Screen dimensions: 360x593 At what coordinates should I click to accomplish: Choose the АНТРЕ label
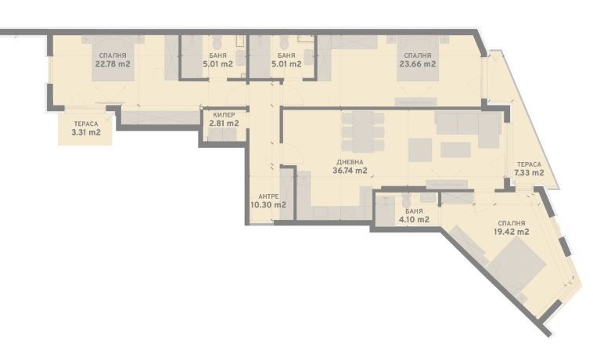(x=268, y=196)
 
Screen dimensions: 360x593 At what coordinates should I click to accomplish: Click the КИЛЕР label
(x=224, y=113)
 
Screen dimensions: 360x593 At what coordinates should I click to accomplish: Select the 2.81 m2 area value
(x=224, y=123)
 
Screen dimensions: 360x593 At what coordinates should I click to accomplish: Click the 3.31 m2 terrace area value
(x=86, y=133)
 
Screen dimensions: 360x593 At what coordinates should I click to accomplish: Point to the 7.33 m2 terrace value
(x=529, y=173)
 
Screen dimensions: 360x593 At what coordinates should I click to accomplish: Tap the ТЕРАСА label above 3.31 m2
(x=86, y=124)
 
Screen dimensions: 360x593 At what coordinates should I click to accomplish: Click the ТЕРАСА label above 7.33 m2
(x=529, y=164)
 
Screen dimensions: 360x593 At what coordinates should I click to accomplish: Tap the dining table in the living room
(x=362, y=131)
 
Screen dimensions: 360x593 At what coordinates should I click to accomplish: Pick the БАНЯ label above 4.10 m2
(x=414, y=211)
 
